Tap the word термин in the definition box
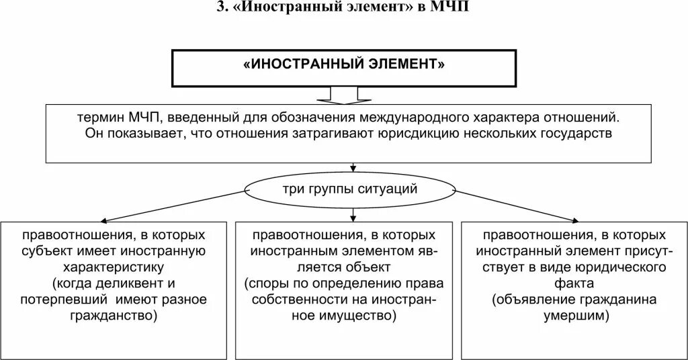click(x=98, y=118)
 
